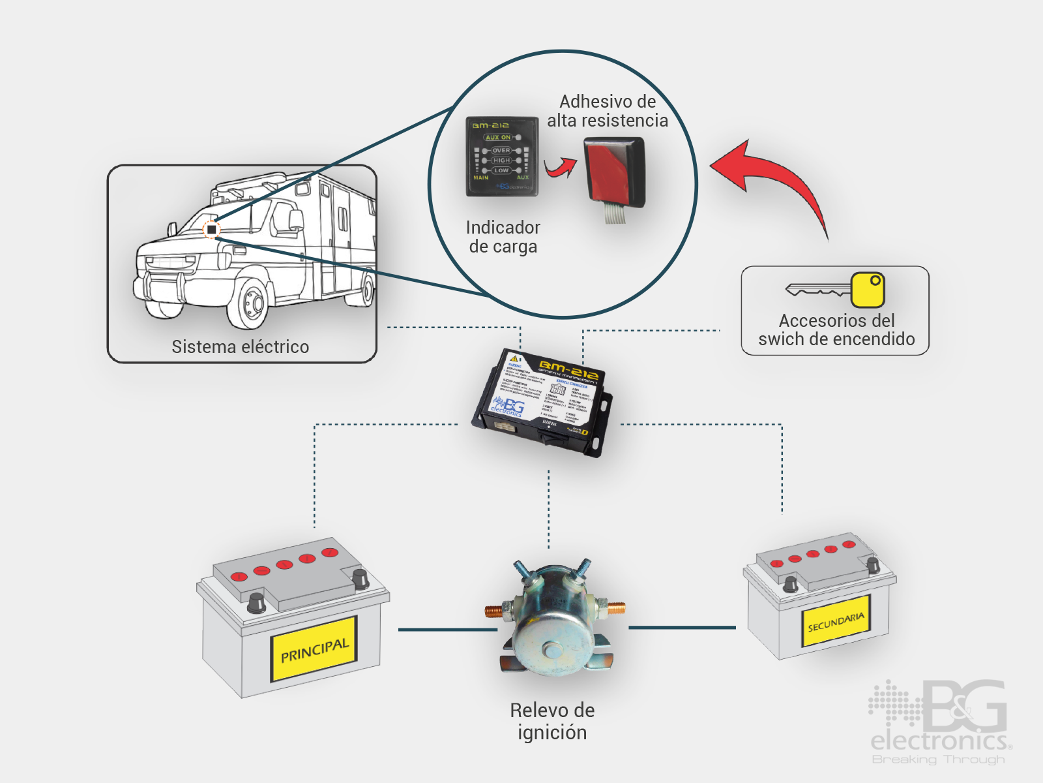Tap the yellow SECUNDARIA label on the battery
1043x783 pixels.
point(836,622)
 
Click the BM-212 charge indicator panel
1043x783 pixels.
point(501,157)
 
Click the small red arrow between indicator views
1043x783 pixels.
point(561,168)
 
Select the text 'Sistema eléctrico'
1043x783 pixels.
point(241,346)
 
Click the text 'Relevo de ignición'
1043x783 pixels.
point(552,721)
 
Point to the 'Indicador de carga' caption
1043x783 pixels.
point(503,237)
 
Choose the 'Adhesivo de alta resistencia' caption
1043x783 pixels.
point(608,111)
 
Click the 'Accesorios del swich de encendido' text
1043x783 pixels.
point(836,330)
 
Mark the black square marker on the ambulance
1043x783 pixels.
point(212,230)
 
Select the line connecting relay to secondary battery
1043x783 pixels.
point(681,628)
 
